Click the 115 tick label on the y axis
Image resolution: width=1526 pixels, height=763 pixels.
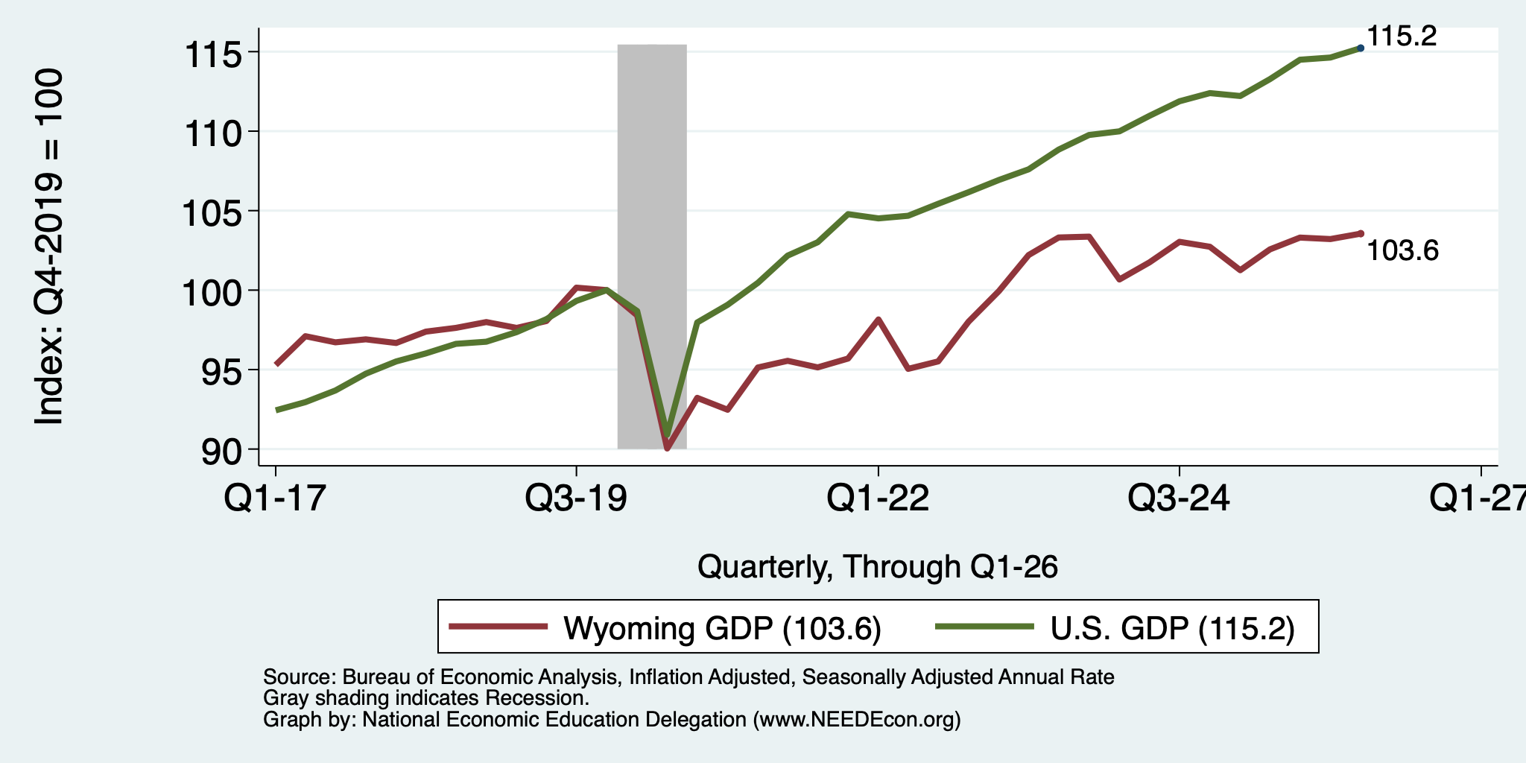pyautogui.click(x=215, y=54)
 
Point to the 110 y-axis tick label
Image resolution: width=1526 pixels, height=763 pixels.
pyautogui.click(x=215, y=134)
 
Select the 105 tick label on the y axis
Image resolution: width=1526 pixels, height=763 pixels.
pyautogui.click(x=215, y=214)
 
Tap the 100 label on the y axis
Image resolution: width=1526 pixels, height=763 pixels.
pyautogui.click(x=215, y=293)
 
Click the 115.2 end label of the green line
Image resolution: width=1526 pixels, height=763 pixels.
pyautogui.click(x=1402, y=36)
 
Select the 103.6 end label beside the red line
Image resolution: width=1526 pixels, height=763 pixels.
pyautogui.click(x=1403, y=251)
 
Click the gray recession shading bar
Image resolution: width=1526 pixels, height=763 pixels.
pyautogui.click(x=652, y=247)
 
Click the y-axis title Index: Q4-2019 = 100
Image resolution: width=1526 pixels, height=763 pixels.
pyautogui.click(x=49, y=247)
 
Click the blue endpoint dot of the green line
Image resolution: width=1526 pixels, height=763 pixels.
pyautogui.click(x=1361, y=48)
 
